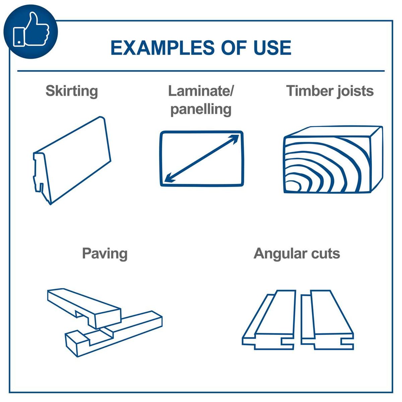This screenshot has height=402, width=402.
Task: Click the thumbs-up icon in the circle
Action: click(31, 31)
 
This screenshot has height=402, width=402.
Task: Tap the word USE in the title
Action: click(272, 48)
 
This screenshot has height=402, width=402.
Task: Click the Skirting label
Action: click(72, 91)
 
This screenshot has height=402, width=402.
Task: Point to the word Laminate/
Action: click(201, 91)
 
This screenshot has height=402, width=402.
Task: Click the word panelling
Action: click(201, 109)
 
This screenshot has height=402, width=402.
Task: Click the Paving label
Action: click(105, 253)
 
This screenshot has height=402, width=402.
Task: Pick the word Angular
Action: click(280, 253)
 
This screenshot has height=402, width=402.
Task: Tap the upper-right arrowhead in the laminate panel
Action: click(234, 138)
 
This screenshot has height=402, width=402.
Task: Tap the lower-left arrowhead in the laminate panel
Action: click(169, 178)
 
